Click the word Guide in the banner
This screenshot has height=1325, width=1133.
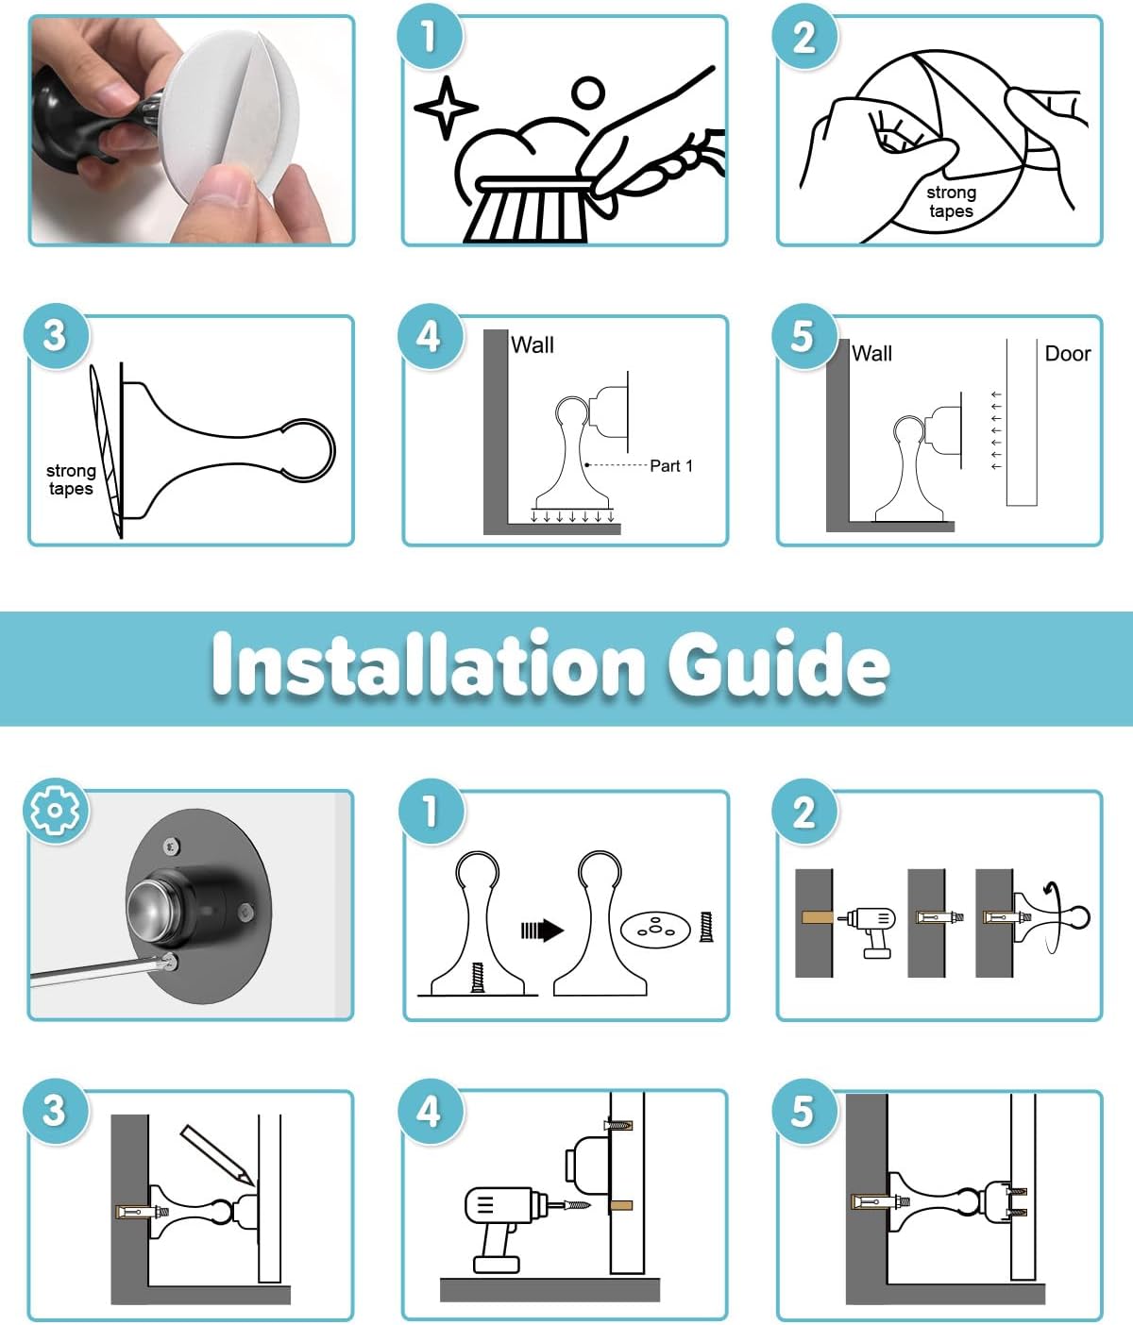pos(778,664)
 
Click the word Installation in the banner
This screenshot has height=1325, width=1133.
pos(429,662)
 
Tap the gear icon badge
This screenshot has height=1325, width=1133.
pos(56,811)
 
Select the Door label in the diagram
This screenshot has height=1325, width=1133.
pos(1068,353)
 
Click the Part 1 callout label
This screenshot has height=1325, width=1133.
pos(670,466)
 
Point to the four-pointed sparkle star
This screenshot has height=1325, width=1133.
pos(447,108)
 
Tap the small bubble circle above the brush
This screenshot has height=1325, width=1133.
pos(588,93)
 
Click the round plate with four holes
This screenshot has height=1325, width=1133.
pos(655,930)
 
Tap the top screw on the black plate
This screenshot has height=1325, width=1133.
pos(171,847)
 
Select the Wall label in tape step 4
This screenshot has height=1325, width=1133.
pos(533,344)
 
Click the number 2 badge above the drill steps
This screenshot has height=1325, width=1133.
pos(804,812)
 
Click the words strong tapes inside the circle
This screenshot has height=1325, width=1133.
pos(952,202)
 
